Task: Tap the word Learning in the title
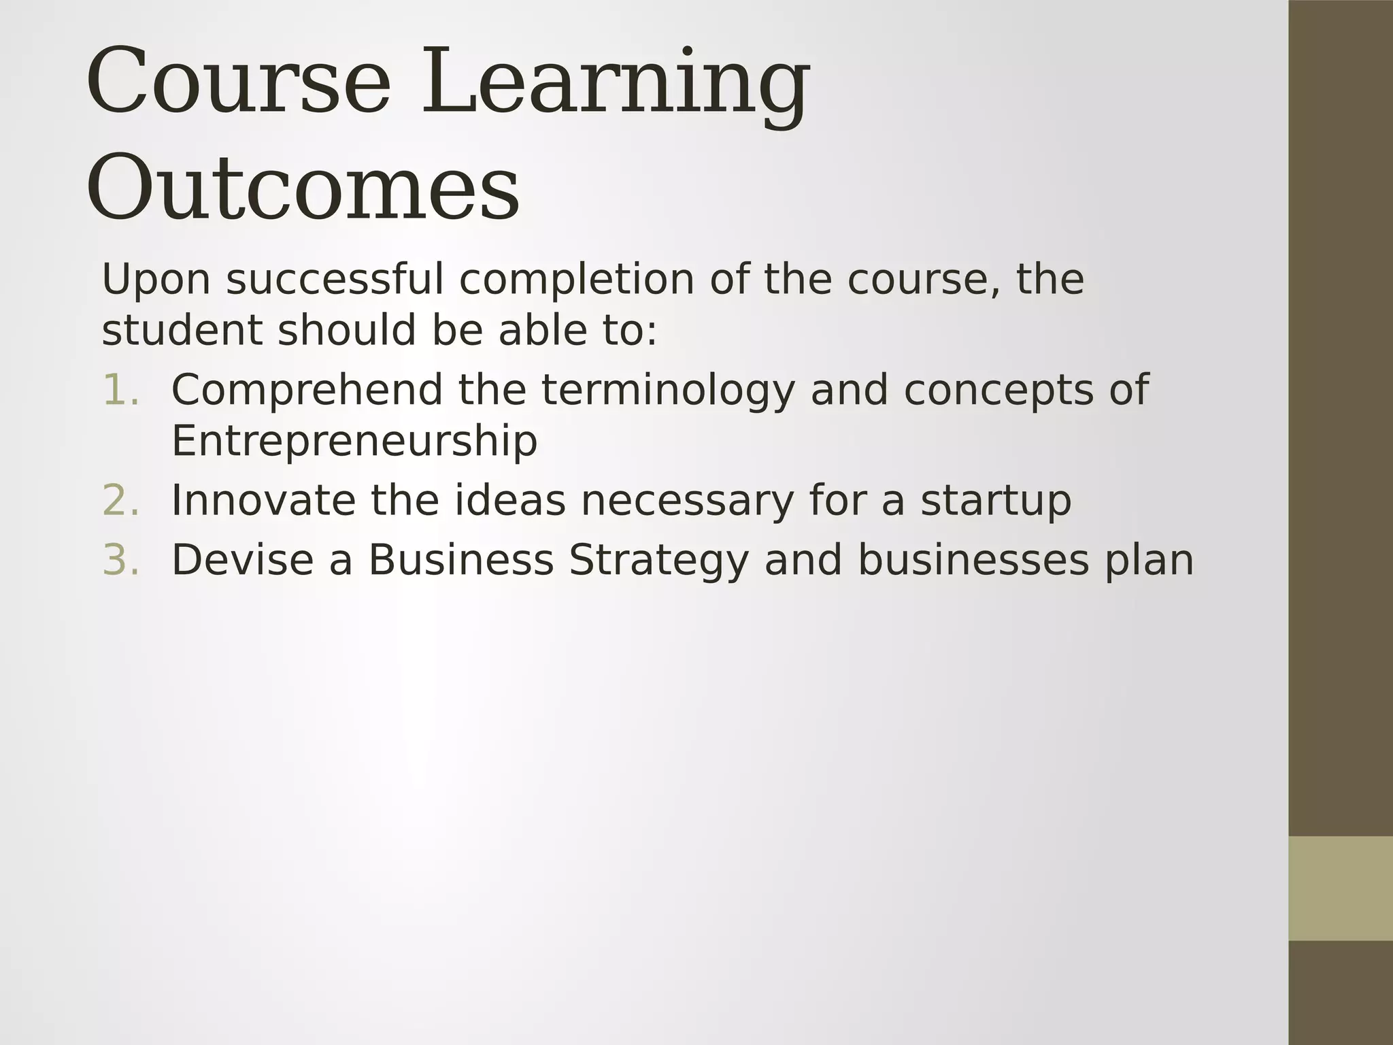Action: click(x=616, y=83)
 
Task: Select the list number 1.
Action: click(x=120, y=390)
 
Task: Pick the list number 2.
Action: click(x=120, y=500)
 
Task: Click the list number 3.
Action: click(x=120, y=560)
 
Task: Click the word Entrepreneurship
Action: click(x=354, y=442)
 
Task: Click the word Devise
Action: click(x=242, y=560)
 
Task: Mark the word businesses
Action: click(x=973, y=560)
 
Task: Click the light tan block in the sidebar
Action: click(x=1341, y=889)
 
